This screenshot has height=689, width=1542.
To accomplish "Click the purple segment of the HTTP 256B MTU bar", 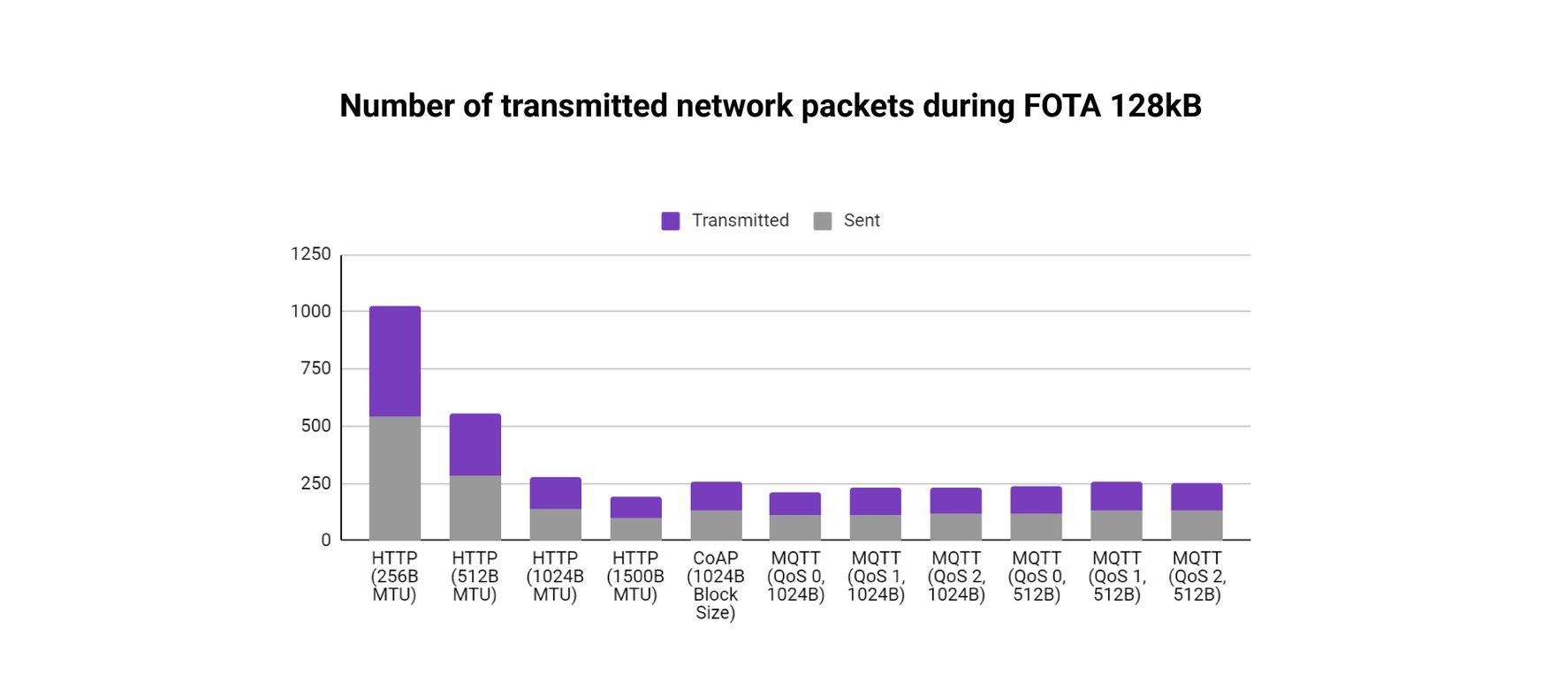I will tap(394, 360).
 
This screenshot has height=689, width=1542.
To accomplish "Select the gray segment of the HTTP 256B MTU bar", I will tap(394, 477).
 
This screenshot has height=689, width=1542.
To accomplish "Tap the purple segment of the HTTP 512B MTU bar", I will tap(475, 444).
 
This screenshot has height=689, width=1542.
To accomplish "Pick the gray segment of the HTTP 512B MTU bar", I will tap(475, 507).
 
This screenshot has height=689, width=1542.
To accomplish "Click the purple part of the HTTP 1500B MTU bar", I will tap(635, 507).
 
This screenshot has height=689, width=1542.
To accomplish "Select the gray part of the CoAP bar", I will tap(716, 525).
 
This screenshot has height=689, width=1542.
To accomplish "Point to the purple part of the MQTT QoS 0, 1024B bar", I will tap(795, 503).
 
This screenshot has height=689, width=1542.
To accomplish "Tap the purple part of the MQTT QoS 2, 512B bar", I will tap(1196, 496).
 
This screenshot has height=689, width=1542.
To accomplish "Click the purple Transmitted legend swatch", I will tap(671, 221).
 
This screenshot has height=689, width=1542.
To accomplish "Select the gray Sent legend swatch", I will tap(823, 221).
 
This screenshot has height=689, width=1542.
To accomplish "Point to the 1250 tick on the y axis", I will tap(311, 254).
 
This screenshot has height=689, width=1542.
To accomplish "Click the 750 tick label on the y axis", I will tap(315, 368).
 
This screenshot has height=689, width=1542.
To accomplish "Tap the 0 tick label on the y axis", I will tap(326, 540).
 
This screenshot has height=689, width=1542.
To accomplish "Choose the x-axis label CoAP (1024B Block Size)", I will tap(716, 585).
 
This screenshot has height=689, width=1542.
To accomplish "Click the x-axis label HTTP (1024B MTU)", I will tap(555, 576).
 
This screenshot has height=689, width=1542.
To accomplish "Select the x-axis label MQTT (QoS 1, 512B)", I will tap(1117, 576).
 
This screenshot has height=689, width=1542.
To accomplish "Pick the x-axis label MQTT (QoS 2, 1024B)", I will tap(956, 576).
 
